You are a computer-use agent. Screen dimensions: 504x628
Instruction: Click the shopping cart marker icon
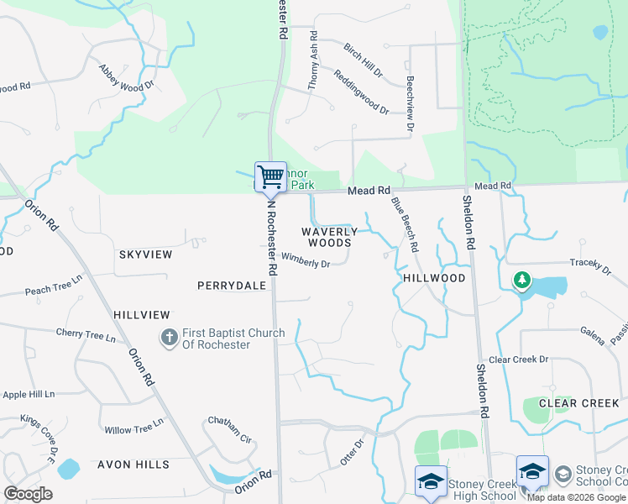270,177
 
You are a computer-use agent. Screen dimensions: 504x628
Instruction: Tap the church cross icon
169,338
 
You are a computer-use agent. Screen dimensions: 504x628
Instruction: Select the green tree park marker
522,279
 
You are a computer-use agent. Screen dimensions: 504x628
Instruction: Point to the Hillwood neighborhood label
434,277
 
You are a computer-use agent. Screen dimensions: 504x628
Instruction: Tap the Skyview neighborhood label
145,255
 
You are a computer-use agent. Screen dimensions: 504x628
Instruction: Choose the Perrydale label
231,286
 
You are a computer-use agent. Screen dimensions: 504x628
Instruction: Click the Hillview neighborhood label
142,314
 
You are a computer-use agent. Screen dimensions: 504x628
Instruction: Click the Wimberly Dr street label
306,263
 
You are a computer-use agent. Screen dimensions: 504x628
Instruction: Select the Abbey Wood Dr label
126,76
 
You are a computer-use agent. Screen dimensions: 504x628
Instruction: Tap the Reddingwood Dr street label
361,92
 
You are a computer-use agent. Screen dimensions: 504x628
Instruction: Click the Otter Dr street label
351,453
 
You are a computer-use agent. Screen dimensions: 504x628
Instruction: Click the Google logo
28,494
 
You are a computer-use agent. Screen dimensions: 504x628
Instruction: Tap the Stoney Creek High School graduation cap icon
431,481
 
